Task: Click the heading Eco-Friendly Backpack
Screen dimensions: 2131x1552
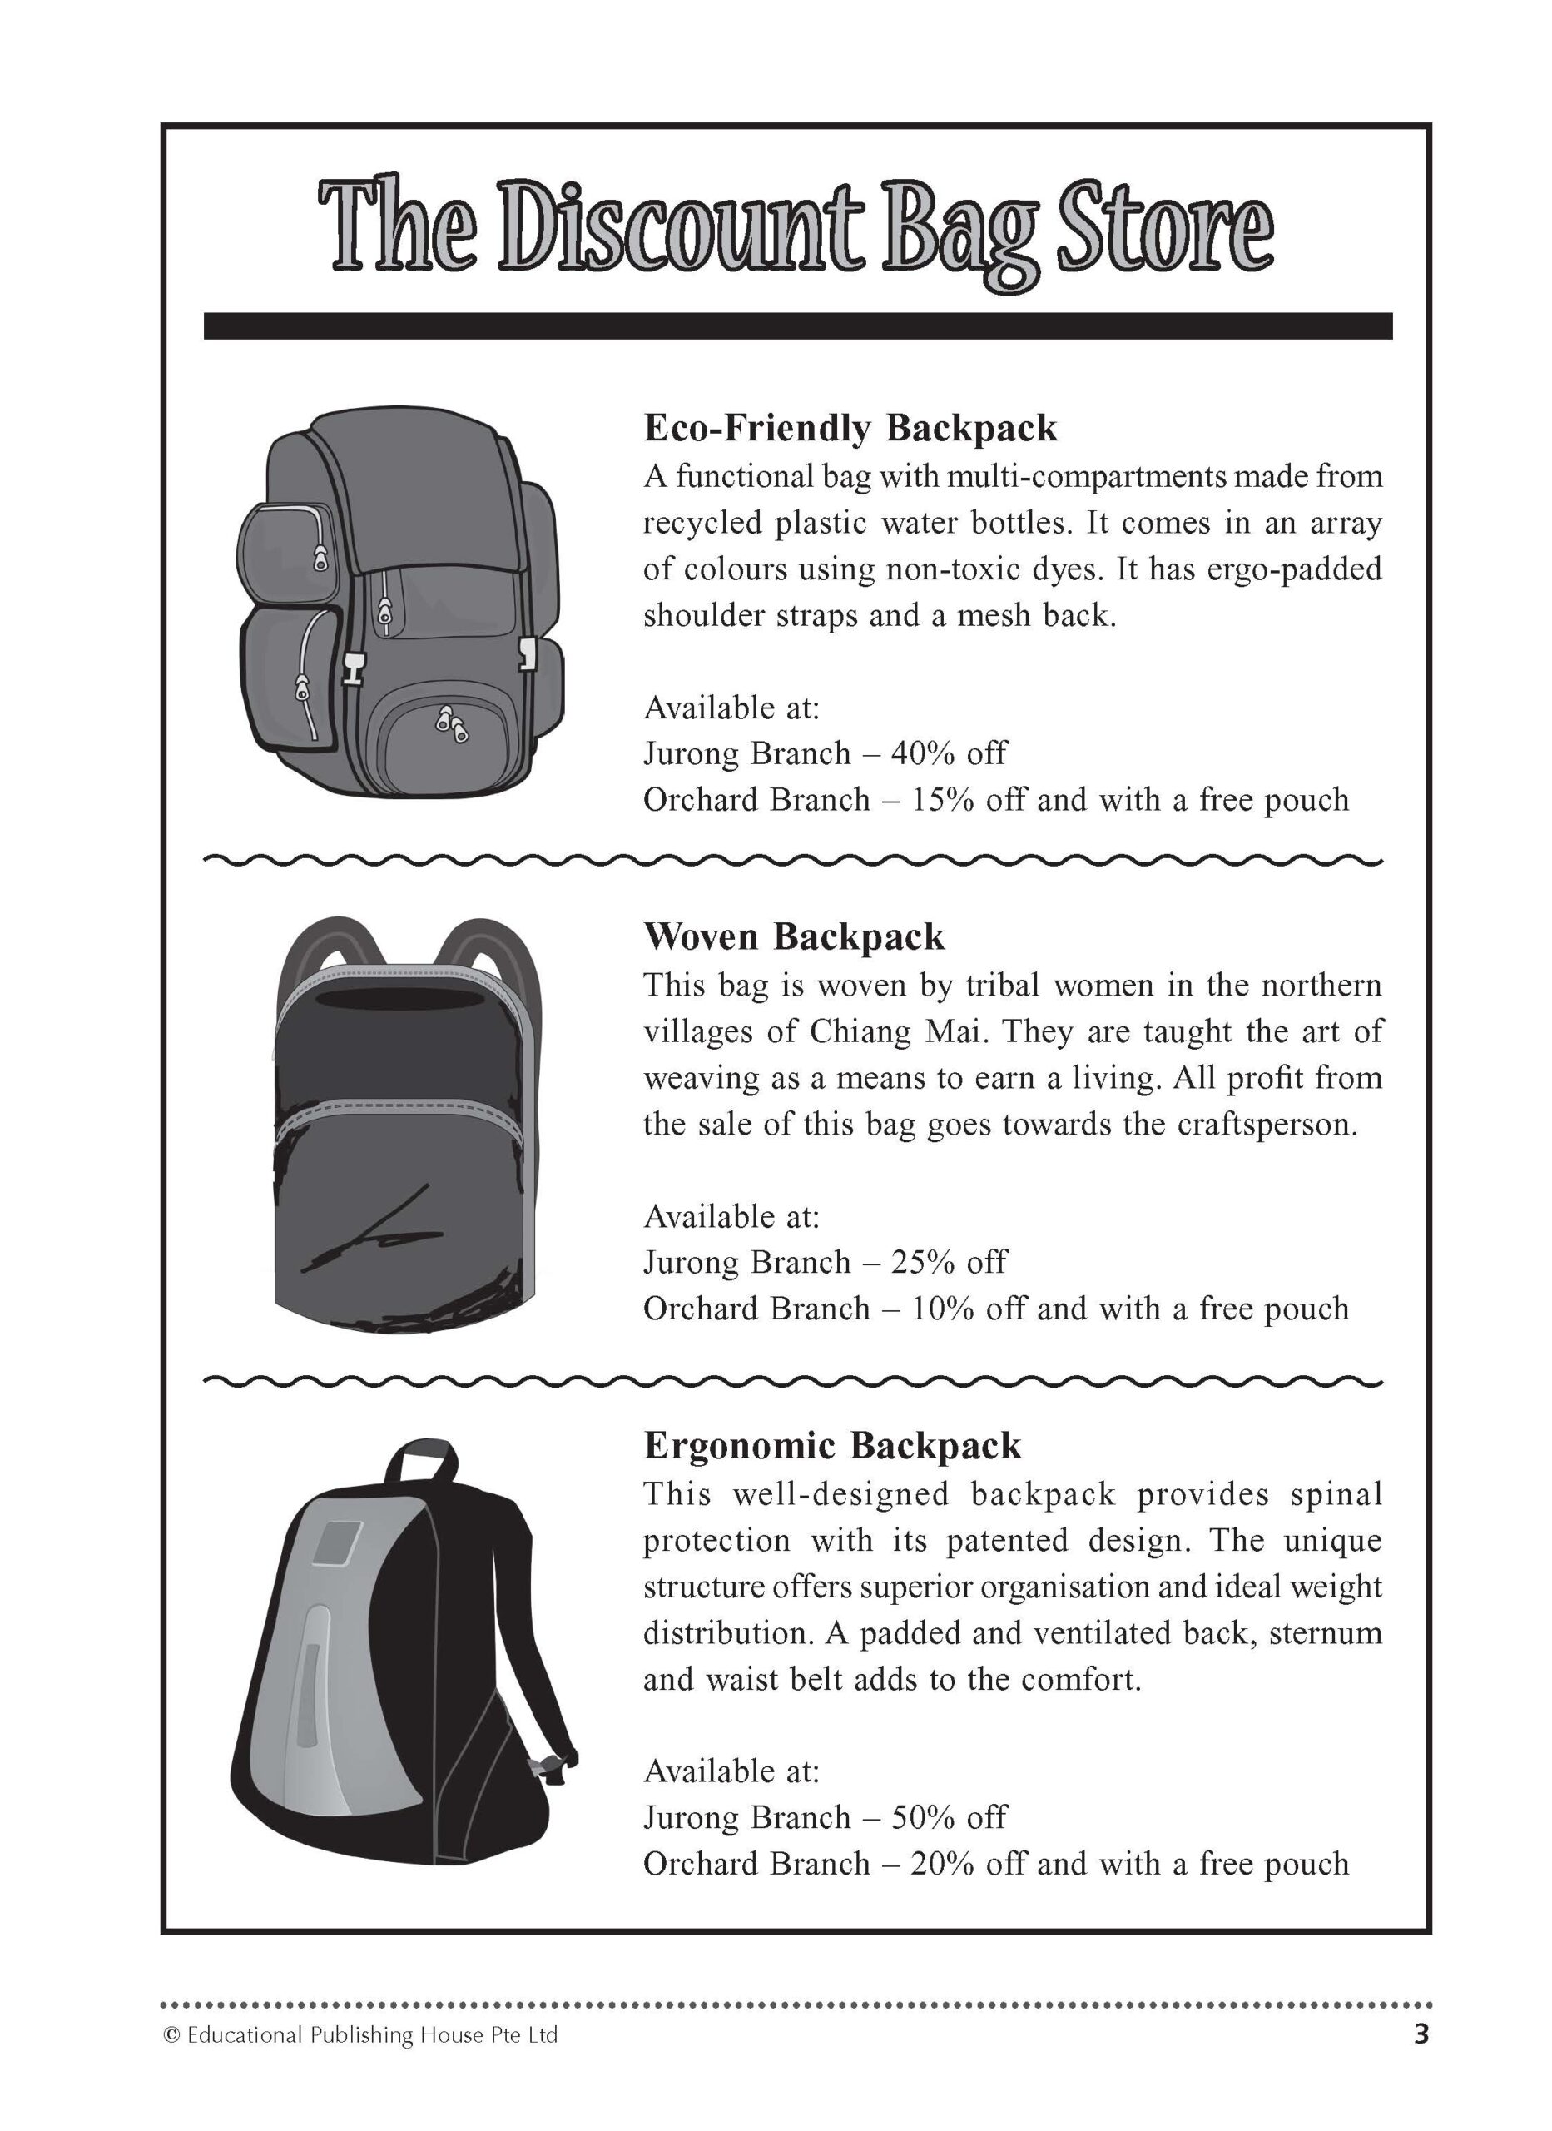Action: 850,428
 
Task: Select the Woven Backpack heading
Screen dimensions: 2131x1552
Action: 794,936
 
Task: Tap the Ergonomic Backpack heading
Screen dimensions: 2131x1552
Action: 832,1445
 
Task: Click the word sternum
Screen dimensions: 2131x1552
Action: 1326,1633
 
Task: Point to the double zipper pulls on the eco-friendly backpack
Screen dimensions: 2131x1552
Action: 450,724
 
